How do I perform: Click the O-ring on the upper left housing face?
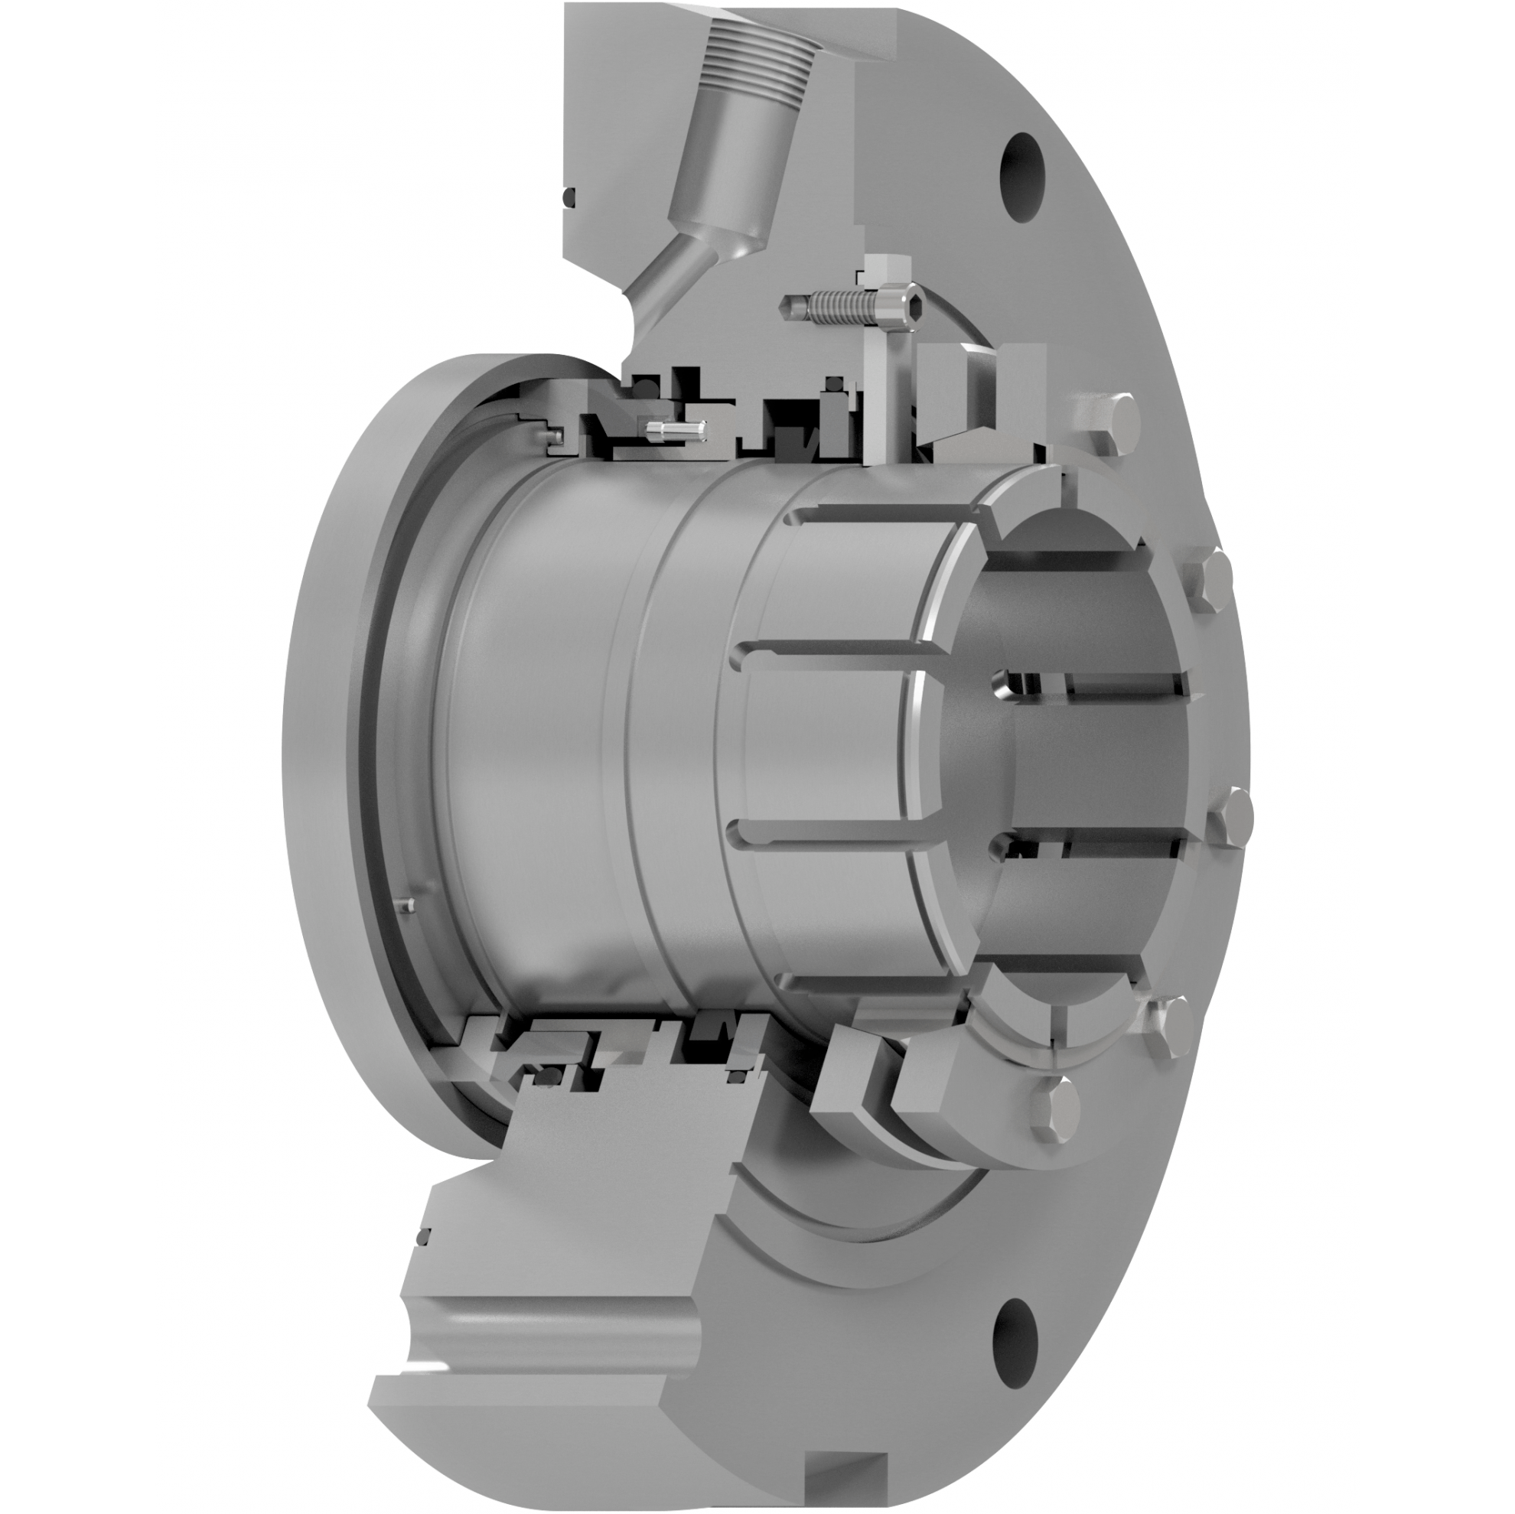[x=569, y=197]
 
